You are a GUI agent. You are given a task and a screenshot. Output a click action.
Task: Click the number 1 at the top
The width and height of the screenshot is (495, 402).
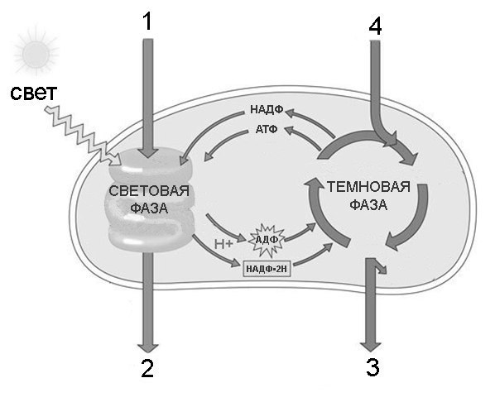click(147, 22)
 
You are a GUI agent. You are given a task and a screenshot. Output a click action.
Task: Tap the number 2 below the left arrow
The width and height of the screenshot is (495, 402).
click(147, 368)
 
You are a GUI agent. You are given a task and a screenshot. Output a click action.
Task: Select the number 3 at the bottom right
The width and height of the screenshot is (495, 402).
click(372, 367)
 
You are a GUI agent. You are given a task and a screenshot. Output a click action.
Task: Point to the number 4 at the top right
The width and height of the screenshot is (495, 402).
click(375, 26)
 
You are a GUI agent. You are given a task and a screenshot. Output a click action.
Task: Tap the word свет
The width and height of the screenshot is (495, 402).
click(33, 93)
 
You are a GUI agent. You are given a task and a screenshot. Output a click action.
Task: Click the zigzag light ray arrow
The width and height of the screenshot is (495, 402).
click(83, 136)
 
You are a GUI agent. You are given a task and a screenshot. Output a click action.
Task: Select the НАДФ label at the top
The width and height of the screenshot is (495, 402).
click(267, 109)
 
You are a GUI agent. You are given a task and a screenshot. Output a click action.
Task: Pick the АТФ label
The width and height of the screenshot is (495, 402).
click(267, 129)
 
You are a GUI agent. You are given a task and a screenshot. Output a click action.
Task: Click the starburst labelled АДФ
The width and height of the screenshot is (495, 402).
click(267, 240)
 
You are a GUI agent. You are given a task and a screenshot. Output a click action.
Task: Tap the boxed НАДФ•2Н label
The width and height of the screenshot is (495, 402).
click(267, 269)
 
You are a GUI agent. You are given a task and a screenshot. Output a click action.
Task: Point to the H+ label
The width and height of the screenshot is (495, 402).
click(223, 244)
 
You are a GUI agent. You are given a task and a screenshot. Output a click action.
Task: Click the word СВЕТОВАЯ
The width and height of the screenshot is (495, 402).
click(149, 191)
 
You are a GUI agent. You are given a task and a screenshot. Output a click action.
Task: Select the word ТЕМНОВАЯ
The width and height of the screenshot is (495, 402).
click(368, 187)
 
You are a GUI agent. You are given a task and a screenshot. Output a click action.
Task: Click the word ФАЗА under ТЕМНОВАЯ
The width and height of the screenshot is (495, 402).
click(368, 205)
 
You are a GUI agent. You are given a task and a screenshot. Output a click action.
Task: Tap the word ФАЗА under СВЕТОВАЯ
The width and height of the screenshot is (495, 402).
click(149, 208)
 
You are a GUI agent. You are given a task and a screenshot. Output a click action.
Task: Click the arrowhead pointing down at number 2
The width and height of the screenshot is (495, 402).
click(147, 347)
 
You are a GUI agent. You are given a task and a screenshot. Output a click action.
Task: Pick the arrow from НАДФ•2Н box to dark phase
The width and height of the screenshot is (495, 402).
click(314, 254)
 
